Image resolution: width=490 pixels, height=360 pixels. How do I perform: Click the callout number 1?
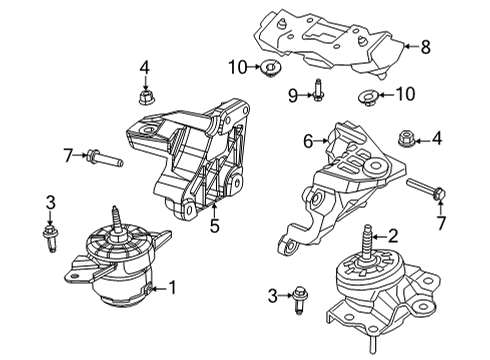[x=171, y=289]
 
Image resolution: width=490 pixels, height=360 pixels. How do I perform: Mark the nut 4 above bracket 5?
[x=144, y=97]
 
